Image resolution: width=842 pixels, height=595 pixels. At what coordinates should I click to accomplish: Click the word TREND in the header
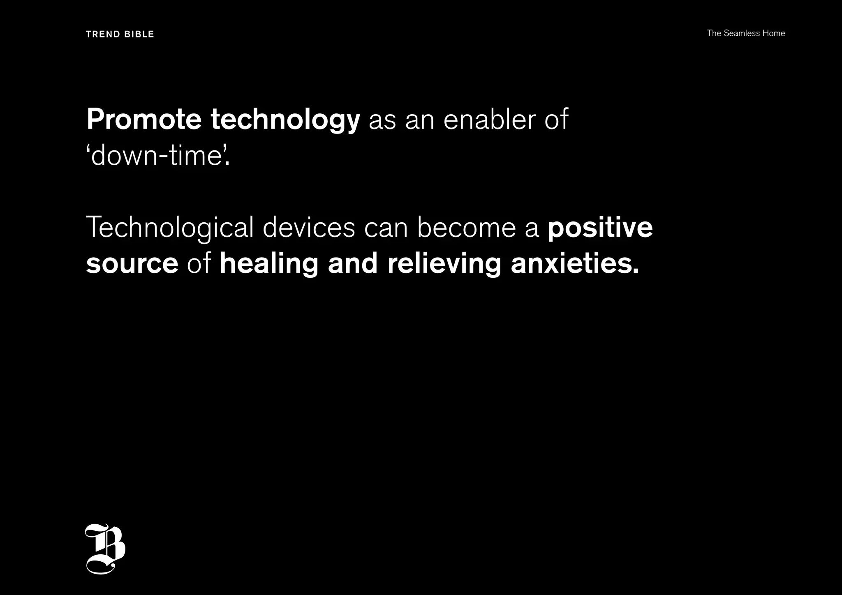pyautogui.click(x=103, y=34)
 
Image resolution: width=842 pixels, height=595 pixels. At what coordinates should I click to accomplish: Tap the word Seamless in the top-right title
pyautogui.click(x=742, y=33)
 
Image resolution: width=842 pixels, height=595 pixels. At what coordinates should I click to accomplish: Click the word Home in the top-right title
pyautogui.click(x=774, y=33)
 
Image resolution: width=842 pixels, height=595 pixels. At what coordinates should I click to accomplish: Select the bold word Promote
pyautogui.click(x=144, y=120)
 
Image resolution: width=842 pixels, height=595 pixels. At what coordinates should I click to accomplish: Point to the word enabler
pyautogui.click(x=490, y=120)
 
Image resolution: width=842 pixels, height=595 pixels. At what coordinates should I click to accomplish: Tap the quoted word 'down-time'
pyautogui.click(x=158, y=157)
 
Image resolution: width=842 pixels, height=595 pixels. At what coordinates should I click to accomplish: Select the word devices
pyautogui.click(x=309, y=228)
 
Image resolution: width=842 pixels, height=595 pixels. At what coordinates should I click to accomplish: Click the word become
pyautogui.click(x=466, y=228)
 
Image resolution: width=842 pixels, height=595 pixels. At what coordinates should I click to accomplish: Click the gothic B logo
pyautogui.click(x=105, y=549)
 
